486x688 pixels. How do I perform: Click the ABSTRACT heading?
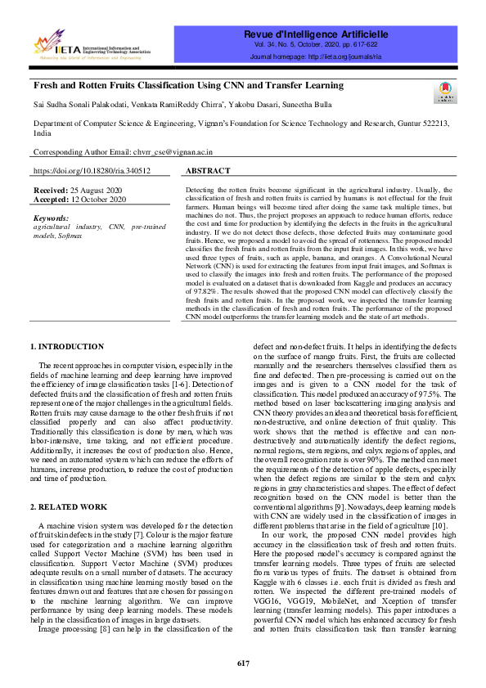pos(208,172)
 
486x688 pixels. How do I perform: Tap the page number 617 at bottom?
pos(243,663)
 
